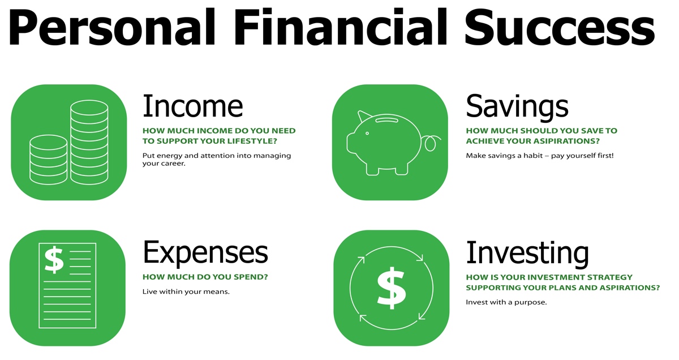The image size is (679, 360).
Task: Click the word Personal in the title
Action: coord(112,27)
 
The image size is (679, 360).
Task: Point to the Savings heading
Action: coord(517,108)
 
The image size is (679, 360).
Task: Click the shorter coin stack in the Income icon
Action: coord(49,160)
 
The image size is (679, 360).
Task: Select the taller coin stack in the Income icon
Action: coord(89,142)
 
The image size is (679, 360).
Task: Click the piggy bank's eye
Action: coord(367,134)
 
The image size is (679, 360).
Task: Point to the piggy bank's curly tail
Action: coord(432,143)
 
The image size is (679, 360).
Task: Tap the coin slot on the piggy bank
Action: coord(387,121)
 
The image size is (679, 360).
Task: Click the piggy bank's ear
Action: coord(363,117)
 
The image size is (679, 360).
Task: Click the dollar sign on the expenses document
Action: coord(54,260)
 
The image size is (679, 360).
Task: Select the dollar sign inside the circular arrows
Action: coord(392,288)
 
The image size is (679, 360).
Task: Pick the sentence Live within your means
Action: coord(186,292)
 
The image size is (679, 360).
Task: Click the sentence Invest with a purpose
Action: coord(506,302)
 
